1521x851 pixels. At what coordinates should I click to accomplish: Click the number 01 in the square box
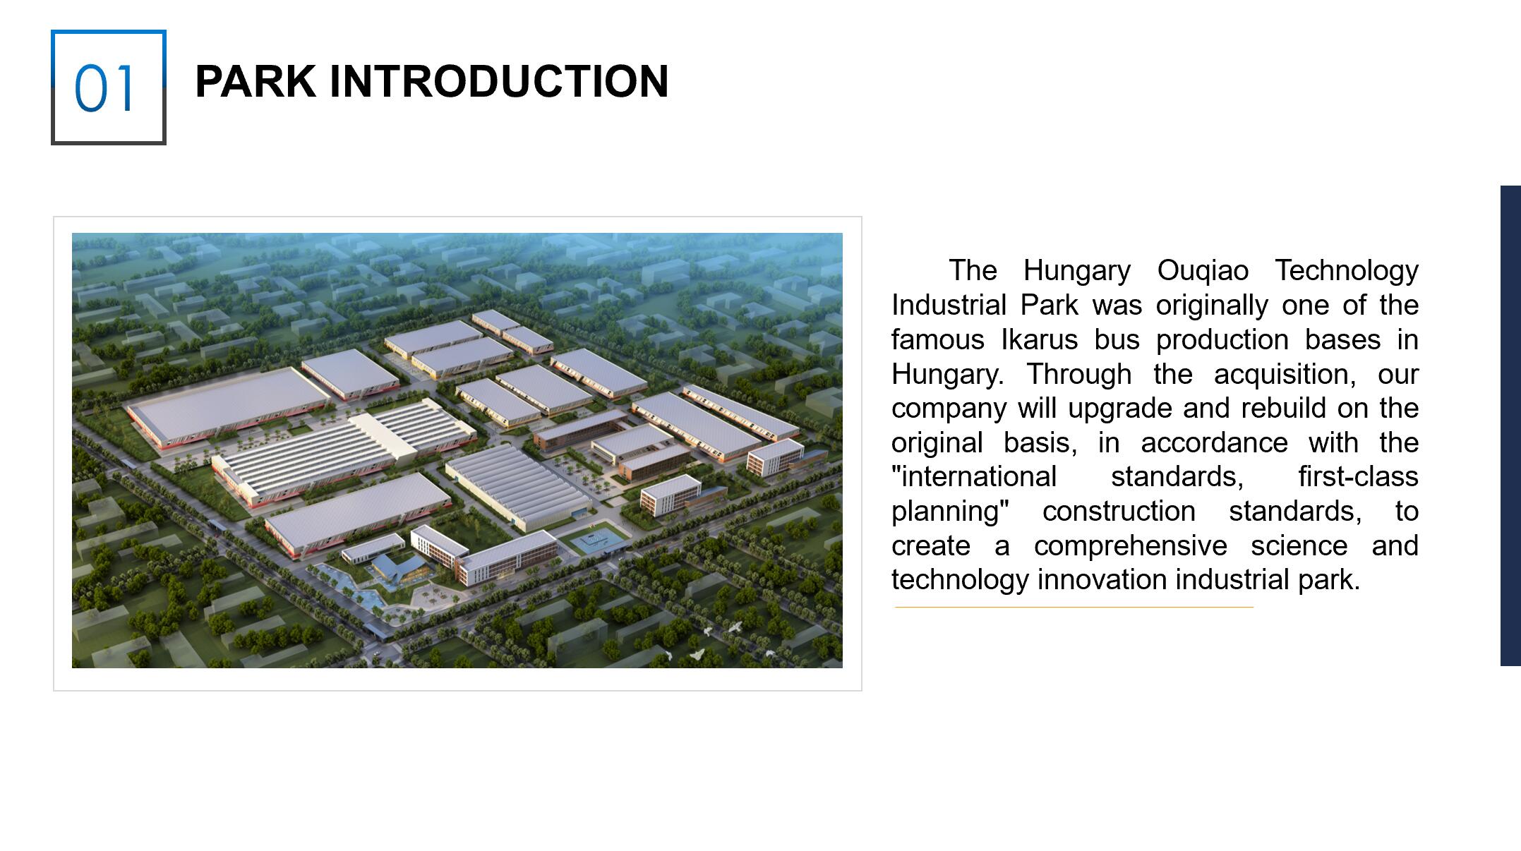(104, 88)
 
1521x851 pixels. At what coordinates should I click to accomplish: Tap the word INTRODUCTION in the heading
(498, 81)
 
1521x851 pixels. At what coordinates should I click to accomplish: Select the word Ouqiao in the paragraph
(1203, 271)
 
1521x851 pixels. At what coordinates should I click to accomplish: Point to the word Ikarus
(1039, 339)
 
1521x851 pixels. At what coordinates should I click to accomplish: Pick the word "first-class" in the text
(1358, 476)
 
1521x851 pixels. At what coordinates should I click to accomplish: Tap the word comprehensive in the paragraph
(1130, 546)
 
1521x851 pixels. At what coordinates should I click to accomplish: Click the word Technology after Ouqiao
(1347, 271)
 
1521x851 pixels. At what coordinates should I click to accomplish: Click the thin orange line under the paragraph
(1074, 607)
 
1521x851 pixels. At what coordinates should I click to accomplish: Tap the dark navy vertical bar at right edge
(1510, 425)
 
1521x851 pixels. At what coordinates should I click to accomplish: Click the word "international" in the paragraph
(974, 476)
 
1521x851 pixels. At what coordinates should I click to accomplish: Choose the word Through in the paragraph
(1078, 374)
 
